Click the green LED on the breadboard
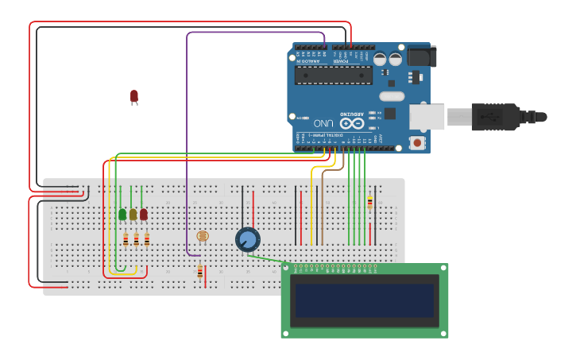click(x=122, y=214)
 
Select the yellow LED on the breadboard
click(x=133, y=214)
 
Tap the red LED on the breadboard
click(x=144, y=214)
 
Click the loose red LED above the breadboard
click(x=134, y=96)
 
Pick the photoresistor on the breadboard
click(x=203, y=236)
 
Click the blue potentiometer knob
click(x=248, y=239)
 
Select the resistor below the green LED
click(x=126, y=238)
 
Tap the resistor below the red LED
click(x=147, y=238)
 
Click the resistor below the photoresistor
click(x=199, y=273)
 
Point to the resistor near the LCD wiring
click(x=369, y=203)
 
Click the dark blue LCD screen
click(x=365, y=300)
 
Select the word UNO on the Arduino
click(x=323, y=124)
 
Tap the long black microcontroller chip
click(x=333, y=75)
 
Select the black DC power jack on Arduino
click(x=421, y=56)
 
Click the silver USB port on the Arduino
click(x=427, y=117)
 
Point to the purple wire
click(x=187, y=143)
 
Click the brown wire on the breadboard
click(x=322, y=207)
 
